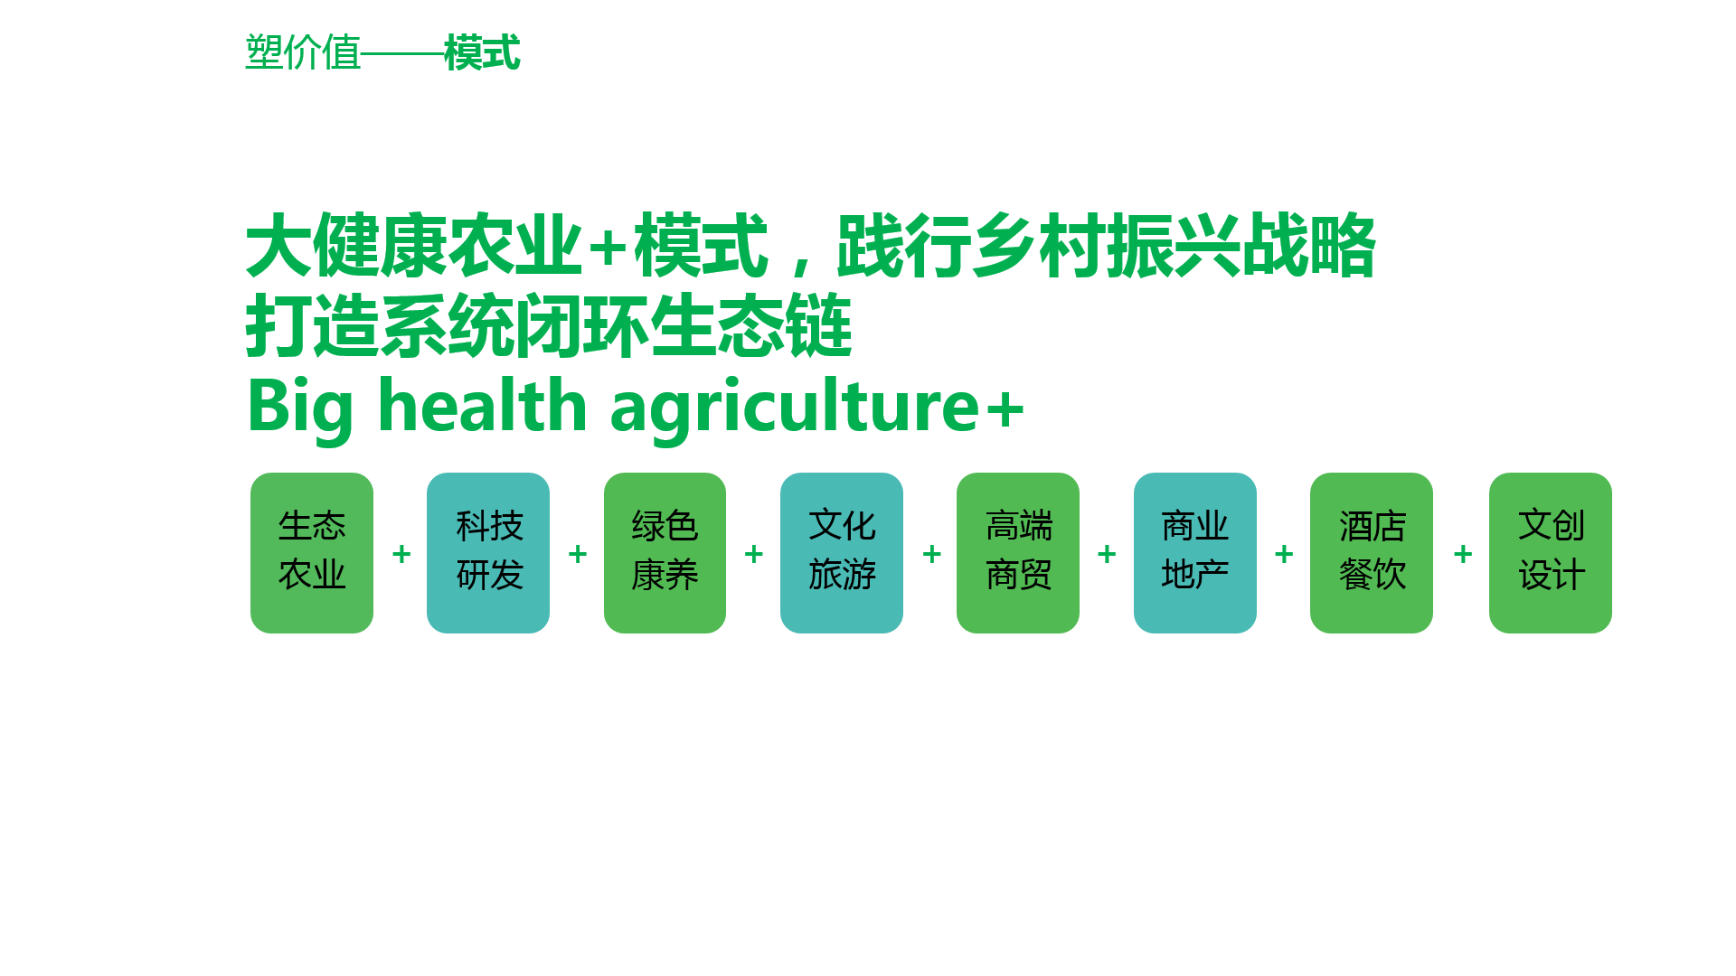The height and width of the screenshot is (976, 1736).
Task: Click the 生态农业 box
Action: click(312, 553)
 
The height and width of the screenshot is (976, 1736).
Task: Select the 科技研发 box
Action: click(488, 553)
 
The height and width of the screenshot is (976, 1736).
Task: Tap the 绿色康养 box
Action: click(665, 553)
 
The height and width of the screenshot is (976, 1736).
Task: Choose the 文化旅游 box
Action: click(842, 553)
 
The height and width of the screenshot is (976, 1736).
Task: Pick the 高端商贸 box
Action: click(1018, 553)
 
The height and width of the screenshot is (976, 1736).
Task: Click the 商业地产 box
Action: click(1195, 553)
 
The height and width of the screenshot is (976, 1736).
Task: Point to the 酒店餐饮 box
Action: click(1372, 553)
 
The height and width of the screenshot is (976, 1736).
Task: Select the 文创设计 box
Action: click(1551, 553)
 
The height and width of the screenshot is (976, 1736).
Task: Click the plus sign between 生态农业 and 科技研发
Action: click(401, 554)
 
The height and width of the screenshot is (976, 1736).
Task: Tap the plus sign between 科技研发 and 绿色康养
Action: click(578, 554)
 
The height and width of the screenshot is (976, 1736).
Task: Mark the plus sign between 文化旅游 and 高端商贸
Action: click(932, 554)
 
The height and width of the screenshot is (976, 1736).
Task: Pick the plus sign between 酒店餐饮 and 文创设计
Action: click(1463, 554)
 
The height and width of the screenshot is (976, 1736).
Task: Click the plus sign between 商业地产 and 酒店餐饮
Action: click(1284, 554)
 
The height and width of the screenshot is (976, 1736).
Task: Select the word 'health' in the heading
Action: click(484, 404)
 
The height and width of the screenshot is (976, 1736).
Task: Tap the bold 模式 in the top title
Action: click(482, 52)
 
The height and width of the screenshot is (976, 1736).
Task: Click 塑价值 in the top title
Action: click(303, 52)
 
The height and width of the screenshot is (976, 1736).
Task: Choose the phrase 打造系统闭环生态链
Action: click(549, 325)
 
